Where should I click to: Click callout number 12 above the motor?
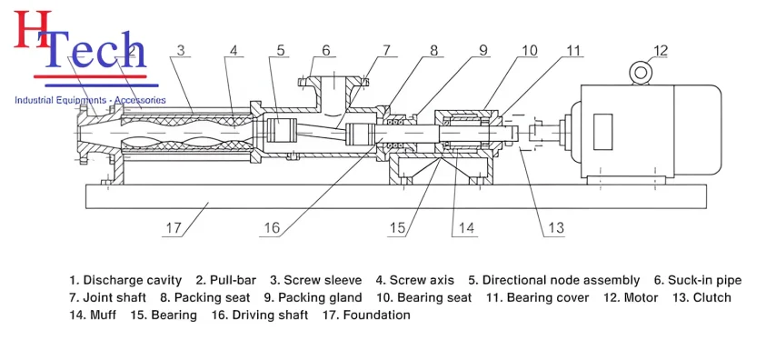661,51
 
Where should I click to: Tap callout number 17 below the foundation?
174,228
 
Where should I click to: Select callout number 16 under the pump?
272,228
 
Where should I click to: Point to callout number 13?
556,227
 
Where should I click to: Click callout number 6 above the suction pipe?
325,51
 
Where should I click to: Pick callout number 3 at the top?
181,51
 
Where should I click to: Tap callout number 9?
483,51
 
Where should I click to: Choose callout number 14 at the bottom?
466,228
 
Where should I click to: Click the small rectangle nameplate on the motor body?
602,131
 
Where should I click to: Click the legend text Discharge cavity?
132,281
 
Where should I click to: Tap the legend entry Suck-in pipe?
705,281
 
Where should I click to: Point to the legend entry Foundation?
376,315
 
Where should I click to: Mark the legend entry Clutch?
711,297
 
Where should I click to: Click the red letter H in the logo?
33,30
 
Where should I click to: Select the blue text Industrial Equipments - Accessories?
90,101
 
